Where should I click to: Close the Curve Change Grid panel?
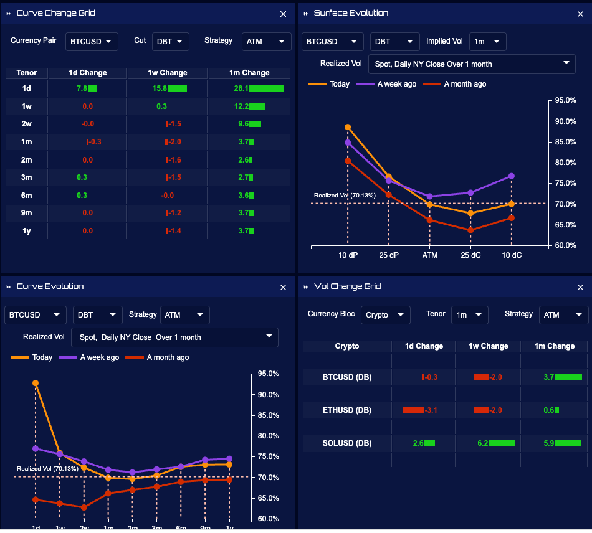click(x=284, y=14)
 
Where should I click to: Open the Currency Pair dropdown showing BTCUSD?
click(x=91, y=41)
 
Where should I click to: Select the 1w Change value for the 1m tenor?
click(x=173, y=142)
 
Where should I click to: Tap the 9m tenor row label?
click(x=26, y=213)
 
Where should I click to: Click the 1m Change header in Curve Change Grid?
click(x=248, y=73)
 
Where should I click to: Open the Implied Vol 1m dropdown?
click(x=487, y=42)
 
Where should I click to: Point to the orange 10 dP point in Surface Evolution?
click(x=348, y=127)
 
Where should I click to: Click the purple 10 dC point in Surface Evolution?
click(x=512, y=176)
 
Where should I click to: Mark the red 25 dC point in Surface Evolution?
click(x=470, y=230)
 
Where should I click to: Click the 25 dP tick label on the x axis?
click(x=389, y=255)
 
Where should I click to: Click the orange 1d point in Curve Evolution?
click(x=36, y=384)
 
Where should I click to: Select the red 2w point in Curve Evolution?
click(x=84, y=507)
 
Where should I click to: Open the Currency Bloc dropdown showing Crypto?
click(x=385, y=315)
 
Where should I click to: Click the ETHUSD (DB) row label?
click(x=347, y=410)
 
